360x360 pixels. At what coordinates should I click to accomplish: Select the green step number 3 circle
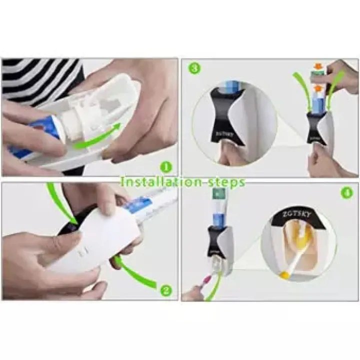[195, 68]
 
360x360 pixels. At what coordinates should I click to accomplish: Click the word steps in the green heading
[227, 181]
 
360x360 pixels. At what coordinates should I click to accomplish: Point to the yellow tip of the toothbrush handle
[283, 274]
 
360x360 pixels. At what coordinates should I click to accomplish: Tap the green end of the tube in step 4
[217, 194]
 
